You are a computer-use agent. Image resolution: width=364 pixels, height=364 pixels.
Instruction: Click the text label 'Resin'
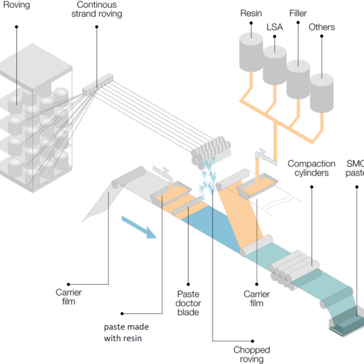click(251, 13)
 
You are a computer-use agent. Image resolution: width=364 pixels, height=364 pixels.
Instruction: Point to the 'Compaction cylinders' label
click(311, 168)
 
